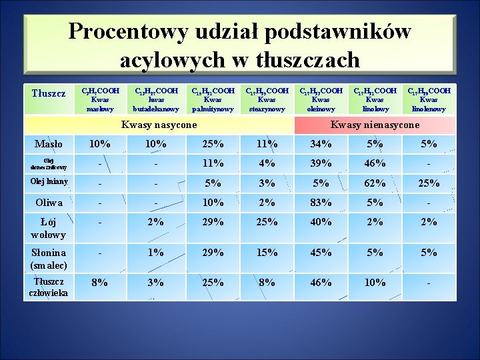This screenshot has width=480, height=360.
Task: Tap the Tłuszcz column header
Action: [x=49, y=93]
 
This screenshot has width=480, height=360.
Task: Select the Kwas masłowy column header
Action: [x=100, y=99]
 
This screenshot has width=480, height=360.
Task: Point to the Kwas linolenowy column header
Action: [x=429, y=99]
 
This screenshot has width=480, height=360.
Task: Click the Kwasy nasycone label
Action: [x=159, y=125]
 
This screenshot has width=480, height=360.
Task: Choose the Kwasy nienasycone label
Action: [x=375, y=125]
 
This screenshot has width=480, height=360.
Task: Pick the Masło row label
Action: [x=49, y=143]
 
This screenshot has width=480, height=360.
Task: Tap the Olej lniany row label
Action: [x=49, y=181]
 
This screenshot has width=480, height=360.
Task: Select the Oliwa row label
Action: [x=49, y=202]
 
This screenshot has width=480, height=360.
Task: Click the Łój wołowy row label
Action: [x=49, y=228]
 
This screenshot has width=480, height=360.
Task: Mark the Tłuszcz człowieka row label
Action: [x=49, y=287]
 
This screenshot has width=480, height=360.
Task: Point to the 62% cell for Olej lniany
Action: [x=375, y=183]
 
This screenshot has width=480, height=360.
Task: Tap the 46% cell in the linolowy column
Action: [x=375, y=163]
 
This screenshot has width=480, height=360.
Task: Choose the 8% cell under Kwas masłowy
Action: [x=100, y=282]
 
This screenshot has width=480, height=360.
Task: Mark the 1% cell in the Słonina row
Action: [x=156, y=252]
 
